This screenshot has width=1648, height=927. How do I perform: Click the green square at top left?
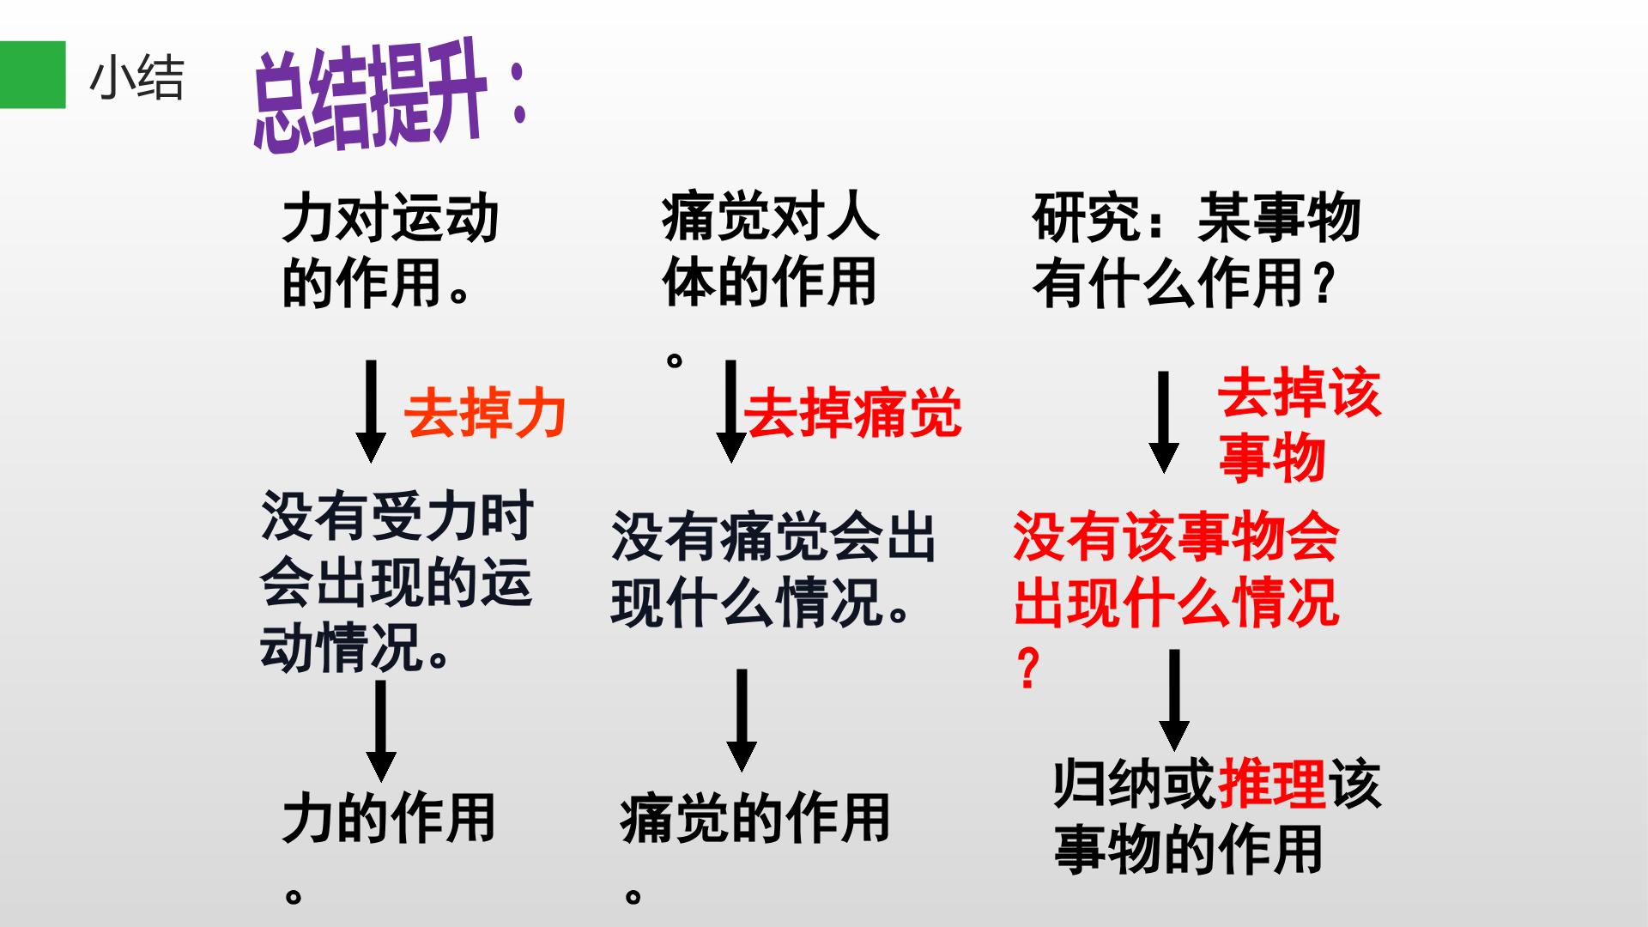tap(33, 75)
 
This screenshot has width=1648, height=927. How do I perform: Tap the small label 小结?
tap(136, 78)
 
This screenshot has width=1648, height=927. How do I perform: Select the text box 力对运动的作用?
tap(390, 250)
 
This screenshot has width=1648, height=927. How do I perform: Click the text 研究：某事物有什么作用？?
tap(1197, 250)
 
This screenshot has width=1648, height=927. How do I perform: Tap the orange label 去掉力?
tap(485, 414)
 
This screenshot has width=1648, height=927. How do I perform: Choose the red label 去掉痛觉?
tap(852, 414)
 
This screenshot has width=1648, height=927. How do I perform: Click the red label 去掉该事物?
tap(1300, 426)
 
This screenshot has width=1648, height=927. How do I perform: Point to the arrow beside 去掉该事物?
tap(1164, 422)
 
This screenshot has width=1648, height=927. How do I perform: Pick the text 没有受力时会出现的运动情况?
tap(397, 582)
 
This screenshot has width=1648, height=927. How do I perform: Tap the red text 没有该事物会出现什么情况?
tap(1176, 601)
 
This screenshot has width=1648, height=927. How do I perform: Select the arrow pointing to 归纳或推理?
tap(1174, 700)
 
